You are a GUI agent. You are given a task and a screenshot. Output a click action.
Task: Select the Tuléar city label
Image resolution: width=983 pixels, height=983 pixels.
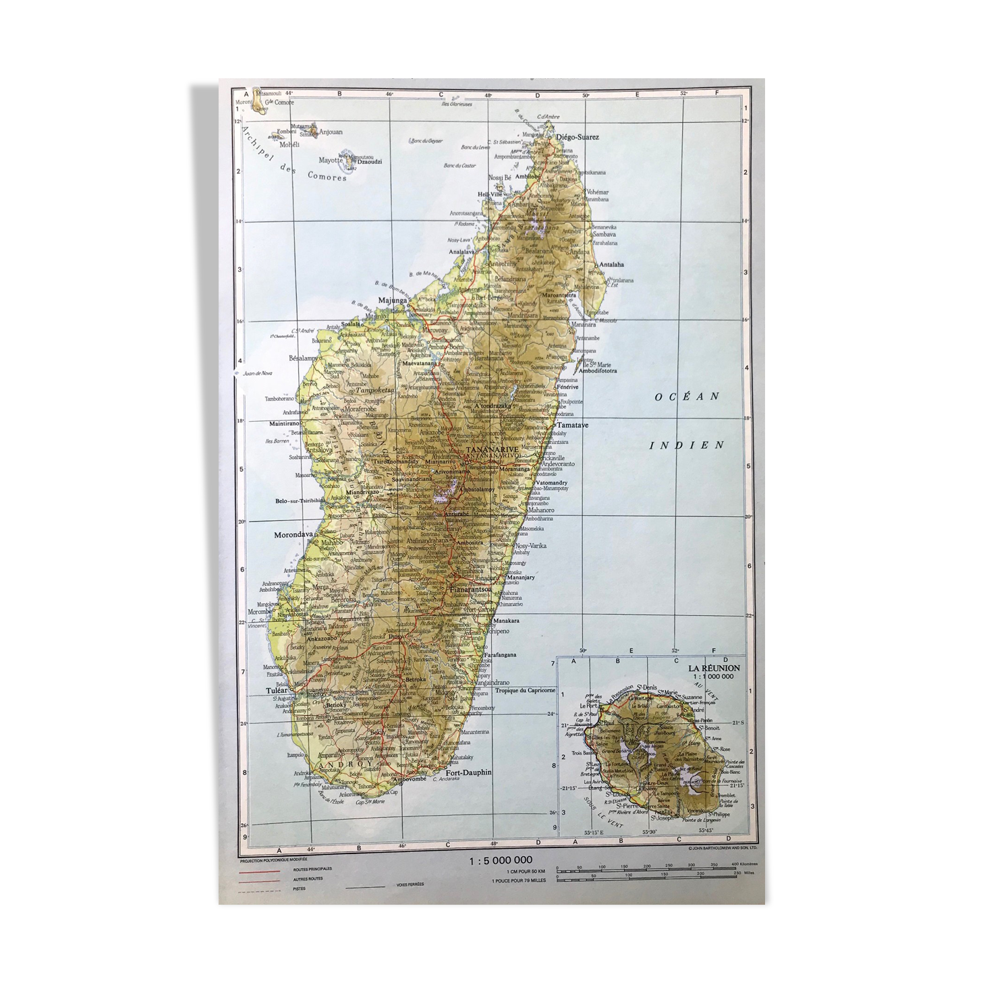pyautogui.click(x=277, y=690)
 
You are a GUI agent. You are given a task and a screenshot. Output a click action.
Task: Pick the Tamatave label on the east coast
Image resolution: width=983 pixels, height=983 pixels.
pyautogui.click(x=572, y=426)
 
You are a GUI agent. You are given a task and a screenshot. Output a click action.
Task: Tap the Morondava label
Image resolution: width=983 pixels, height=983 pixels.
pyautogui.click(x=293, y=535)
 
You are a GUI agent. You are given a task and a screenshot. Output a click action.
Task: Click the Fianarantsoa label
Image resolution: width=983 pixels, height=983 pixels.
pyautogui.click(x=470, y=589)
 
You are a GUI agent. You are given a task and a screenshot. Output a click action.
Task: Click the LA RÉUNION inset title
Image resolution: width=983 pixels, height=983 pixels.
pyautogui.click(x=714, y=668)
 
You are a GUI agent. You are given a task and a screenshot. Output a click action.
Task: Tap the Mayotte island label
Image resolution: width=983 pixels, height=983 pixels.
pyautogui.click(x=331, y=161)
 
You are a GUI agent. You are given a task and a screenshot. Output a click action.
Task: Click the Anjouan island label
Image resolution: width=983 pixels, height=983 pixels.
pyautogui.click(x=330, y=132)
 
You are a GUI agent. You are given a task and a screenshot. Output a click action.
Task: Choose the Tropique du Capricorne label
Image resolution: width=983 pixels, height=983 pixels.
pyautogui.click(x=526, y=690)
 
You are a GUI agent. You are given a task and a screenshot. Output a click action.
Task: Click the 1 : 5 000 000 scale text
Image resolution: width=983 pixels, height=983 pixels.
pyautogui.click(x=501, y=860)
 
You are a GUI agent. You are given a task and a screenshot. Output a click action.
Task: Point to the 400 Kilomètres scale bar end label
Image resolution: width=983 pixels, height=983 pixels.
pyautogui.click(x=744, y=864)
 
